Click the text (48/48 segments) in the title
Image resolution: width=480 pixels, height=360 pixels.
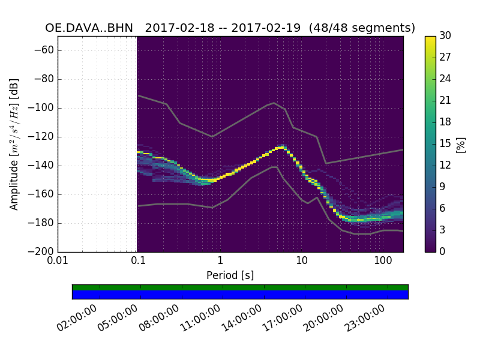pyautogui.click(x=367, y=28)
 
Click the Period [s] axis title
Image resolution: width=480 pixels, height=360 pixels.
pyautogui.click(x=230, y=275)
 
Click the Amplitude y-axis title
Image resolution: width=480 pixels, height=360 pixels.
pyautogui.click(x=14, y=144)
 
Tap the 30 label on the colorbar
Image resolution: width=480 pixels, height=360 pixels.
pyautogui.click(x=446, y=36)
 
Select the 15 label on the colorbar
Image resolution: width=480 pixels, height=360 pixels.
pyautogui.click(x=446, y=144)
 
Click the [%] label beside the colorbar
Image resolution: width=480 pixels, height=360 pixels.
pyautogui.click(x=461, y=144)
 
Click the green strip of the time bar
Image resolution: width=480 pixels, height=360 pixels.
pyautogui.click(x=240, y=287)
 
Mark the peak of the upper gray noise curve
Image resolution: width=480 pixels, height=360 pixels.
pyautogui.click(x=274, y=103)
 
